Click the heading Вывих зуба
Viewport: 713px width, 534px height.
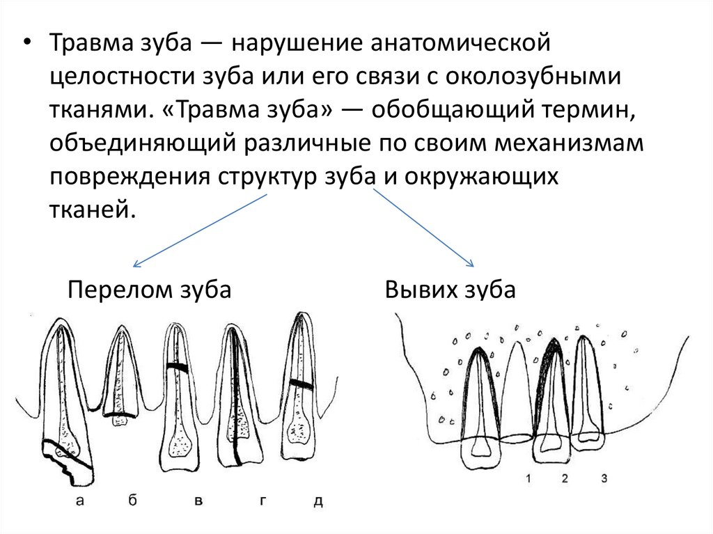450,290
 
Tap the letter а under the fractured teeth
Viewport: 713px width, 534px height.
80,500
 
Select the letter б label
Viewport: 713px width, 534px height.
131,500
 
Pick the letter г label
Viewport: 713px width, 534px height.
263,500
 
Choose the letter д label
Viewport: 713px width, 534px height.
318,500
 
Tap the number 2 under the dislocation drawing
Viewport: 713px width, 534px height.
565,478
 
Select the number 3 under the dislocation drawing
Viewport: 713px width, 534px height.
603,478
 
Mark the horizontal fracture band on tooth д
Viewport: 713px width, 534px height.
301,383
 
